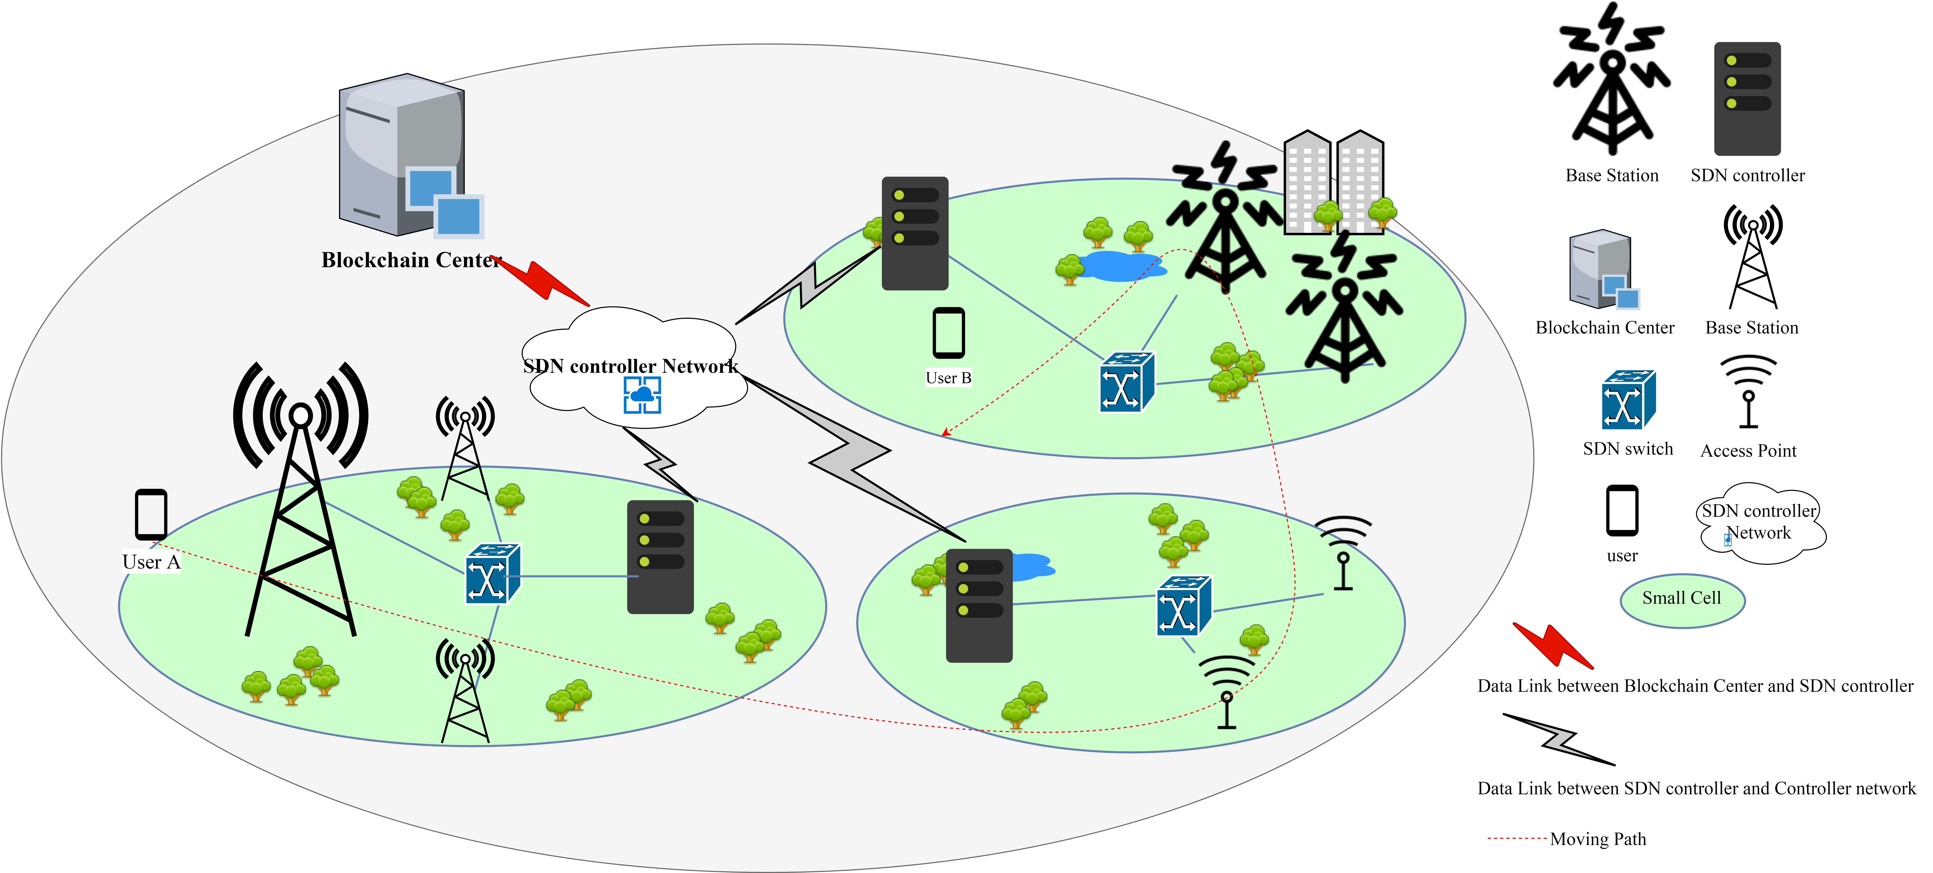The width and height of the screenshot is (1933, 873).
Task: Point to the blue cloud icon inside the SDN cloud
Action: click(642, 395)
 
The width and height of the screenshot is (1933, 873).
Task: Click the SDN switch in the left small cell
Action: click(492, 574)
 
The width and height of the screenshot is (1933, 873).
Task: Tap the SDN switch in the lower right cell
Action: click(1183, 605)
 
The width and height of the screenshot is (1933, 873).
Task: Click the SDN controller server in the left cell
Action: click(660, 557)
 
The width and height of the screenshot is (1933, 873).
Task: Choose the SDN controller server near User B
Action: click(915, 233)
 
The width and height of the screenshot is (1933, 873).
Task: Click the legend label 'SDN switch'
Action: click(1628, 449)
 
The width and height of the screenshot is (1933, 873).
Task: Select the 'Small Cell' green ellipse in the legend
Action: click(1682, 600)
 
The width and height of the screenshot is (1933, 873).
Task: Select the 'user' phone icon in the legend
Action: click(1622, 511)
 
